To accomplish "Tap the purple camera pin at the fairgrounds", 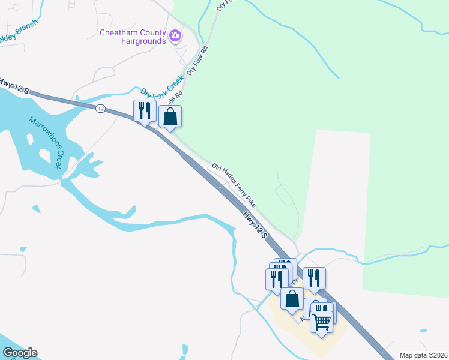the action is click(x=175, y=35).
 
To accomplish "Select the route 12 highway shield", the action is click(x=100, y=108).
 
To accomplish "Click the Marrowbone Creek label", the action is click(x=46, y=142).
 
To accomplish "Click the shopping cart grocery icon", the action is click(x=322, y=321).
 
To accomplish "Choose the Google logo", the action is click(x=20, y=353).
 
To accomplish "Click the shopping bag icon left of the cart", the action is click(x=292, y=298).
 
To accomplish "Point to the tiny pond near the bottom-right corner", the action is click(x=424, y=331).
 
